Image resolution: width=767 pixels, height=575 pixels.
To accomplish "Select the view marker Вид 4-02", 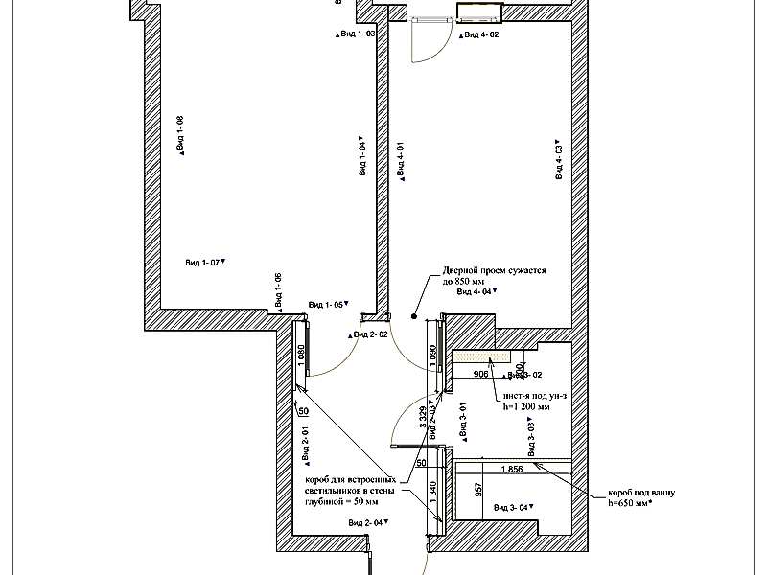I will (x=479, y=34).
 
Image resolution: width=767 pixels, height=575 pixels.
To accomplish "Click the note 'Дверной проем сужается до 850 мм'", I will (x=494, y=276).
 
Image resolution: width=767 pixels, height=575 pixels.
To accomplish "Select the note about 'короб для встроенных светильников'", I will (x=351, y=490).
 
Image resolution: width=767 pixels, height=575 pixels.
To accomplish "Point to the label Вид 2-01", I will (x=306, y=444).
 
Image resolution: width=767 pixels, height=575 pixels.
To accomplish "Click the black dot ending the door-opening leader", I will (x=414, y=315).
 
